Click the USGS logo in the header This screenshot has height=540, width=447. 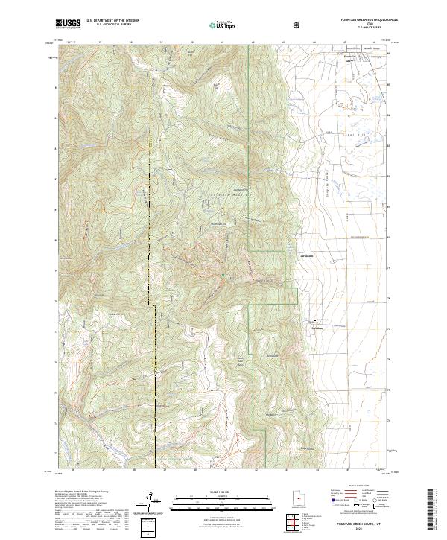67,25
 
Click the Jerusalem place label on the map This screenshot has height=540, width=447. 305,257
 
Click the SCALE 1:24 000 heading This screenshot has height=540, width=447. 212,490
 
